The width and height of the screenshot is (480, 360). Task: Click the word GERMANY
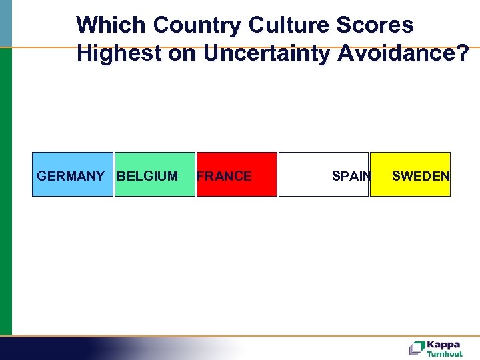[x=70, y=176]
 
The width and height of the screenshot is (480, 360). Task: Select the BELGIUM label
[x=147, y=176]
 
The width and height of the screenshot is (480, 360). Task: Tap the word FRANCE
[x=225, y=176]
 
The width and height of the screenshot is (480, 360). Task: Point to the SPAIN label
[x=351, y=176]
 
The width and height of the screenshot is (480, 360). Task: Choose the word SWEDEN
[x=421, y=176]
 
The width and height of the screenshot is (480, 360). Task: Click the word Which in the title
[x=111, y=25]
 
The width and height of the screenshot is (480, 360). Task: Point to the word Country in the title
[x=197, y=25]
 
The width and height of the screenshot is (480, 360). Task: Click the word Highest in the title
[x=116, y=53]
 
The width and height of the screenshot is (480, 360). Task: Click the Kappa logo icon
[x=417, y=347]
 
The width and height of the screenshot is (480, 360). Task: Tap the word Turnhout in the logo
[x=444, y=354]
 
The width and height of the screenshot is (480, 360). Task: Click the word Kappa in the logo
[x=443, y=345]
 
